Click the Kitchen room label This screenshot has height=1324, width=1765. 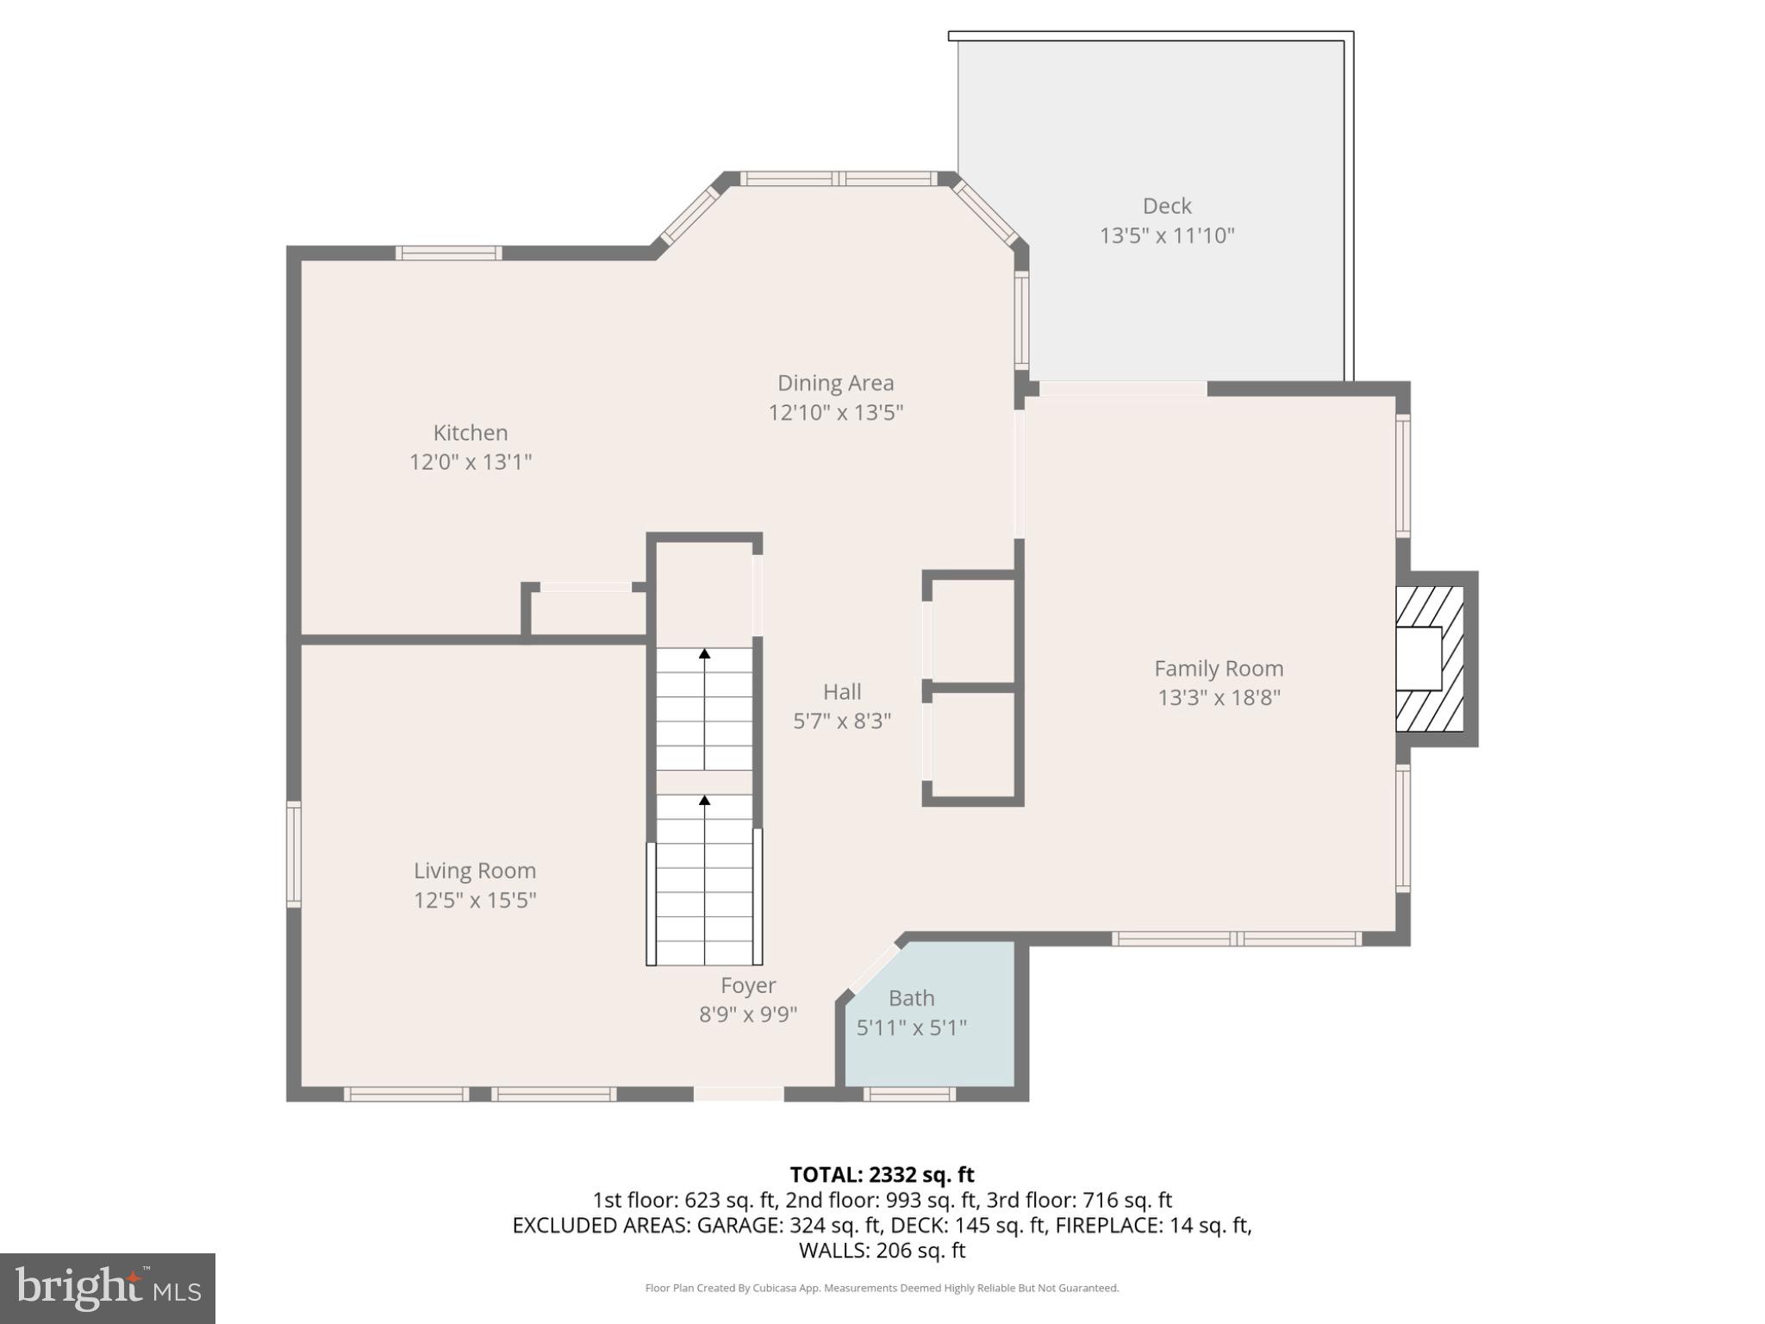pos(470,433)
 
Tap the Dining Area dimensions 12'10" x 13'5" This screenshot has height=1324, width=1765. pos(835,413)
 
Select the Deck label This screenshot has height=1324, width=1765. pos(1167,206)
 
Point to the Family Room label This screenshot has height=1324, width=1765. pos(1218,669)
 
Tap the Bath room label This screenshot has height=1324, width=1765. pos(911,998)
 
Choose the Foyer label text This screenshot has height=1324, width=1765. pos(748,985)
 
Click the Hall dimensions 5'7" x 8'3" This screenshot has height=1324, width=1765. pos(841,721)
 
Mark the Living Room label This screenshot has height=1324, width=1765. pos(474,871)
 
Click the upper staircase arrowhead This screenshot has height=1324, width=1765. pos(704,654)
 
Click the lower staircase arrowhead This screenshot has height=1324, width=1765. pos(704,801)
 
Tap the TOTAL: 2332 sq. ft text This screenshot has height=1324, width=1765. pos(882,1175)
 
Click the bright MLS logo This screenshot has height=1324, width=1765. pos(108,1288)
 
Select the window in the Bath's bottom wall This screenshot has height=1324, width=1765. pos(909,1094)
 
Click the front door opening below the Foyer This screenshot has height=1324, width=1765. pos(739,1094)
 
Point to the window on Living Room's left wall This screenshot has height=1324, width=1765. pos(294,854)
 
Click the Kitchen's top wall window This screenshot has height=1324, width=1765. pos(448,253)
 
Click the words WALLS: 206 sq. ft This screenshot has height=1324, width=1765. pos(882,1250)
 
